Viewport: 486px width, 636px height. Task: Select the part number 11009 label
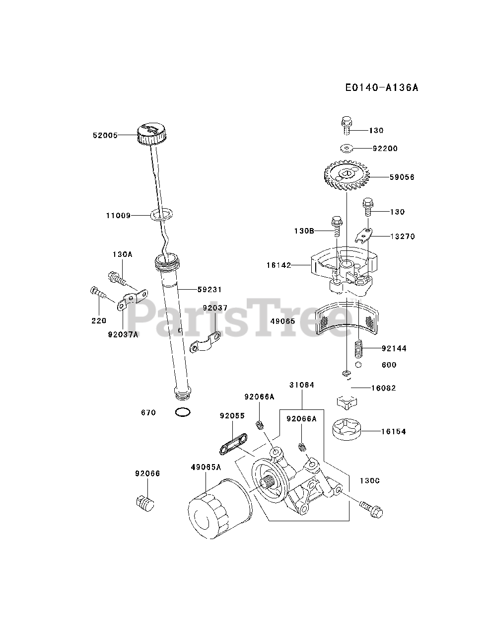tap(118, 216)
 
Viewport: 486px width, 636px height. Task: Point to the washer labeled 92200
tap(347, 148)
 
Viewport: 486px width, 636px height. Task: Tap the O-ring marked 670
tap(183, 412)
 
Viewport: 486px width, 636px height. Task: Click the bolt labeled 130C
tap(371, 508)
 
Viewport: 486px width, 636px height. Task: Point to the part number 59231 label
tap(209, 290)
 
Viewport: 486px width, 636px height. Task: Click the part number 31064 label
tap(302, 385)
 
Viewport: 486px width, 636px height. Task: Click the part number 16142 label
tap(279, 265)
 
